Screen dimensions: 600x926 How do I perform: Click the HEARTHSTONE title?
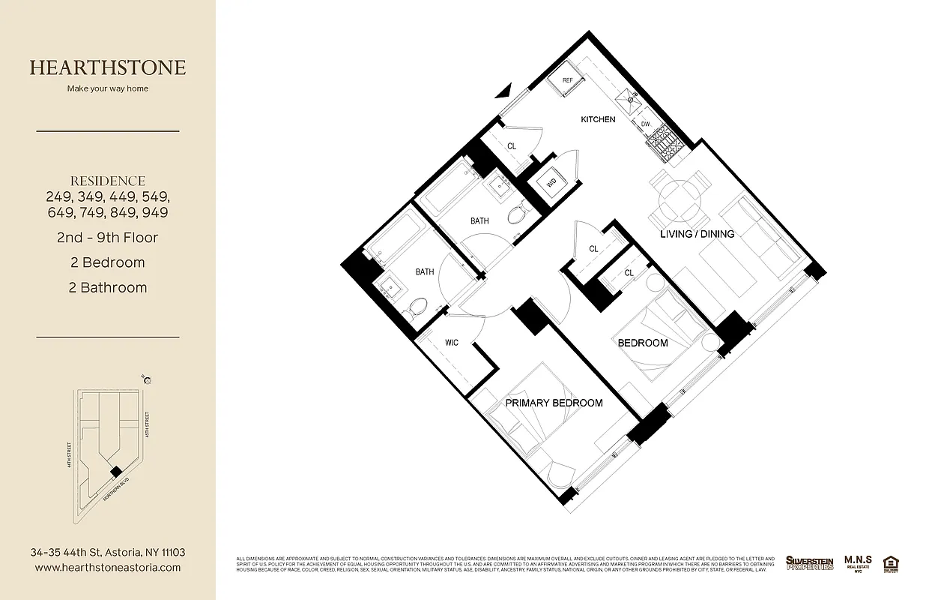(x=108, y=67)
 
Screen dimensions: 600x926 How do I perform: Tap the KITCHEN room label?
(x=598, y=119)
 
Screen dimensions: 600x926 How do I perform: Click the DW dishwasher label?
(x=644, y=124)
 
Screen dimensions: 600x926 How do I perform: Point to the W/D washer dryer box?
(x=551, y=182)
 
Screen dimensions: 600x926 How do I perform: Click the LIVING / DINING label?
(x=697, y=234)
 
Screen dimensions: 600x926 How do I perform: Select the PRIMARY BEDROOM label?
(x=554, y=403)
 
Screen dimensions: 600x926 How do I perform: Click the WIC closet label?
(x=452, y=343)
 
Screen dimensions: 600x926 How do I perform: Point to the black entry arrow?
(x=504, y=91)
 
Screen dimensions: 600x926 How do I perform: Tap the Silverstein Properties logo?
(x=809, y=562)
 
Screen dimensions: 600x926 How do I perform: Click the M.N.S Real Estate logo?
(x=858, y=562)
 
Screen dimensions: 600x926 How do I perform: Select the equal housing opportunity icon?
(x=891, y=562)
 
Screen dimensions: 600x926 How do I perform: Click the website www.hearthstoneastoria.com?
(x=108, y=568)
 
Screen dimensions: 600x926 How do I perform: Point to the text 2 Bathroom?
(x=108, y=287)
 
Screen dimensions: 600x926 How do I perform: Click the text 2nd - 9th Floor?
(x=108, y=238)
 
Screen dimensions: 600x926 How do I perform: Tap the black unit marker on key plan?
(x=115, y=470)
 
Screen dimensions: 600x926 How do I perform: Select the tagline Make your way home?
(x=108, y=88)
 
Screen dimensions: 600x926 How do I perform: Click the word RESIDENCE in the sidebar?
(x=108, y=181)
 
